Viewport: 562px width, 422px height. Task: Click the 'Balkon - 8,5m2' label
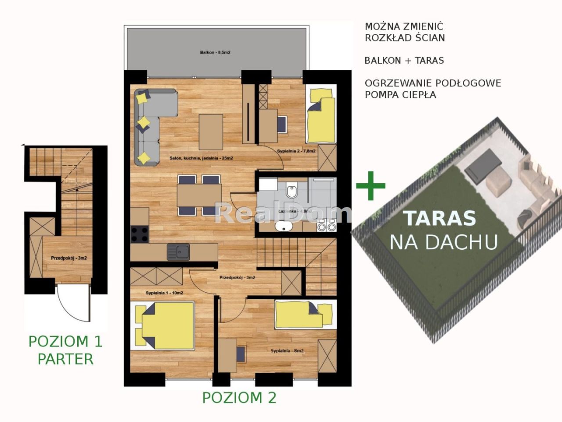215,52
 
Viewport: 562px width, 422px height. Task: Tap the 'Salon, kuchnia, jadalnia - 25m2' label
201,158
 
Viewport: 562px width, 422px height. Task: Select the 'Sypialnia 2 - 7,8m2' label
296,151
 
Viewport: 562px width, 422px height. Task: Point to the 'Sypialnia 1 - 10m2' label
164,293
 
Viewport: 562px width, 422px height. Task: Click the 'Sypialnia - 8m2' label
287,351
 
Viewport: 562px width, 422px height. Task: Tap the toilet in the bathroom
291,192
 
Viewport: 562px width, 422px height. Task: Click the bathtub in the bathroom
284,227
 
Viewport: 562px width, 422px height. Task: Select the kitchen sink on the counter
178,252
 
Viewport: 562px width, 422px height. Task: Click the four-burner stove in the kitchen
140,233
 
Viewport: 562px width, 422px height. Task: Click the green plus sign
371,185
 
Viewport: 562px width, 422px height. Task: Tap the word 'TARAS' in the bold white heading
440,218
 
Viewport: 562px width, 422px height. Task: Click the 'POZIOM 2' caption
239,397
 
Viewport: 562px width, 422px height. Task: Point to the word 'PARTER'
65,359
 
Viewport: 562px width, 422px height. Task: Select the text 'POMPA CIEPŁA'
400,95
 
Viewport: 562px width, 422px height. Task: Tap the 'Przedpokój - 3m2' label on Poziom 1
68,258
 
